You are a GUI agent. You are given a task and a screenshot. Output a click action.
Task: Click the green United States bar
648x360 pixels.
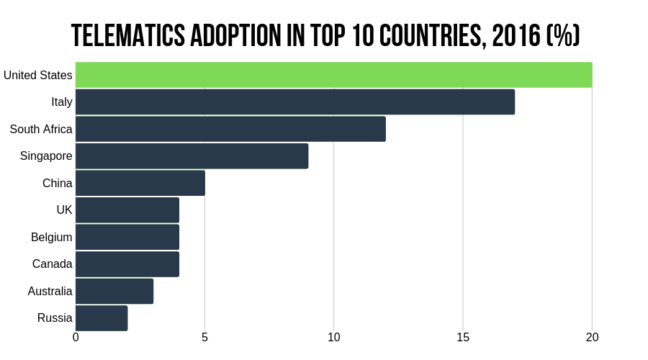pos(333,75)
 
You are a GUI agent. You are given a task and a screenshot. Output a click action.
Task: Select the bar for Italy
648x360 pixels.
pos(295,102)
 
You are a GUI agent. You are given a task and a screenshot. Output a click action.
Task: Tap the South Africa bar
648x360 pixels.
pos(230,129)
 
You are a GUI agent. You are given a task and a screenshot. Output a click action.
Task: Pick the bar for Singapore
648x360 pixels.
pos(192,156)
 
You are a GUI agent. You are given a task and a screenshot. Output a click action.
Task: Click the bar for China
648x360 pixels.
pos(140,183)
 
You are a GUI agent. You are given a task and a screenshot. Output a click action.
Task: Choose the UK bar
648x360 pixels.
pos(127,210)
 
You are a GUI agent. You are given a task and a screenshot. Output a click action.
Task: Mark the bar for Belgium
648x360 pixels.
pos(127,237)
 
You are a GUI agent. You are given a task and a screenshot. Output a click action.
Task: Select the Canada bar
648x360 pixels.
pos(127,264)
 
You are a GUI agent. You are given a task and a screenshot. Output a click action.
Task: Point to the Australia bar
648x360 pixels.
pos(114,291)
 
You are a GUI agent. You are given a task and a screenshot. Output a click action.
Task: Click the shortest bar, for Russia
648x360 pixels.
pos(102,318)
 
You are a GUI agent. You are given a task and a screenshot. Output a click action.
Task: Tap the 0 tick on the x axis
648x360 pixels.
pos(76,337)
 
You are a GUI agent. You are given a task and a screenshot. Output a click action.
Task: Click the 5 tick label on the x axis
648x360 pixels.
pos(204,337)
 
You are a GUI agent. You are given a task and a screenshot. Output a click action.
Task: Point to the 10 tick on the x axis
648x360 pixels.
pos(333,337)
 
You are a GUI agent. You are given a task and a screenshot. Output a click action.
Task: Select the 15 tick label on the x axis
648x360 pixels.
pos(462,337)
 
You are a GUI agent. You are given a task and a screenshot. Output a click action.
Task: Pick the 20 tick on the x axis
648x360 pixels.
pos(592,337)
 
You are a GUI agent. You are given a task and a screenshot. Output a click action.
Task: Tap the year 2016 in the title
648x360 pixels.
pos(513,35)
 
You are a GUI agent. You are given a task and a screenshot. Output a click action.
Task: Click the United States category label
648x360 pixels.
pos(37,75)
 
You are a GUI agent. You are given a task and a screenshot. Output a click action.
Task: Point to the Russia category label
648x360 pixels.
pos(55,318)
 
